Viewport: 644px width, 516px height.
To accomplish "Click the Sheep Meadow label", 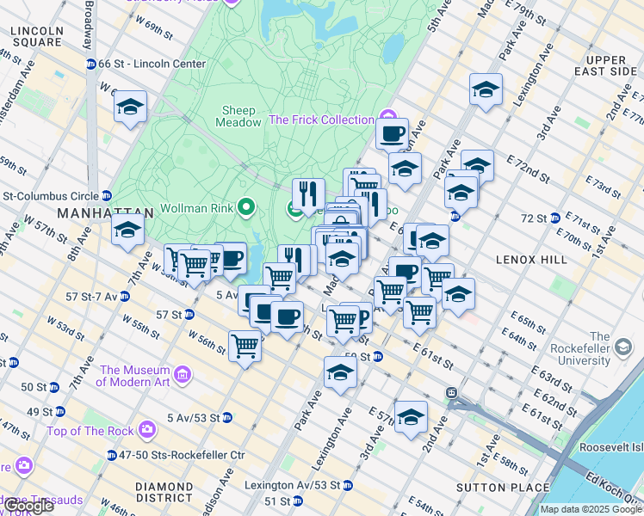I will click(x=241, y=116).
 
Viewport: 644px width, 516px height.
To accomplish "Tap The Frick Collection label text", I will click(x=321, y=120).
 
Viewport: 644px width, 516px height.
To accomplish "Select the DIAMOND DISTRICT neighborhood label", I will click(x=164, y=493).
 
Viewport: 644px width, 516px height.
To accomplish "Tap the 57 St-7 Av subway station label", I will click(x=86, y=297).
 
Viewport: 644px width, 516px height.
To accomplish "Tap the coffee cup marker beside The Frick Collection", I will click(x=392, y=134).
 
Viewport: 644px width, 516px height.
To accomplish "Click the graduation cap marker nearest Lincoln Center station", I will click(x=130, y=107).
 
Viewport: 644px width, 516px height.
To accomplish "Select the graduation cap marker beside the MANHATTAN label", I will click(x=127, y=230).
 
